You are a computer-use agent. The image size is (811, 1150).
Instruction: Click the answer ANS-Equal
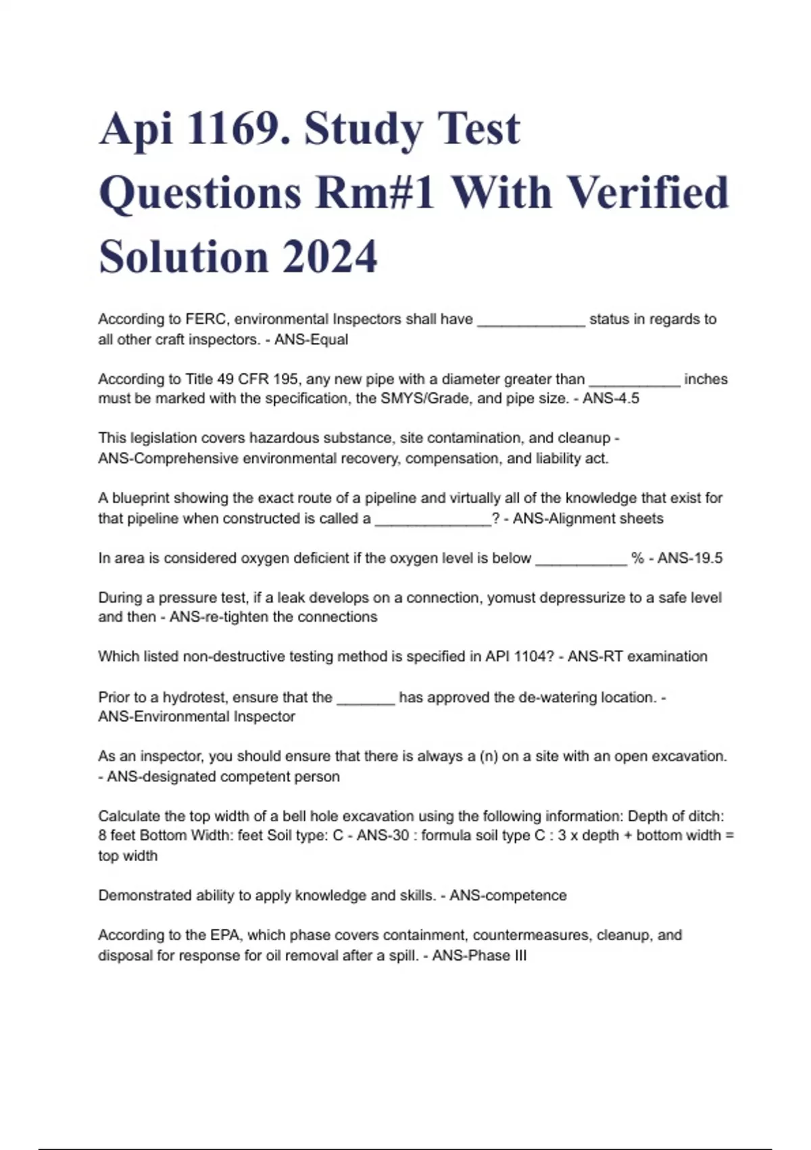(x=311, y=340)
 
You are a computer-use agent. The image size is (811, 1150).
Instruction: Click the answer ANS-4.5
(x=610, y=398)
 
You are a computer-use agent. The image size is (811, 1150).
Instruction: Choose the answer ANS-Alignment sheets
(x=588, y=519)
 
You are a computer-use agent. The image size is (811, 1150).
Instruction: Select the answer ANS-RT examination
(x=637, y=657)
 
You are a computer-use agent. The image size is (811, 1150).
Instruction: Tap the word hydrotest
(x=195, y=697)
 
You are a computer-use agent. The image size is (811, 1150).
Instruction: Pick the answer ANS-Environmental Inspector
(x=197, y=717)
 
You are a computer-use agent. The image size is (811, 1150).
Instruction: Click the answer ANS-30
(x=383, y=835)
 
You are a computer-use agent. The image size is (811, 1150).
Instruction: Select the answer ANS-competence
(x=508, y=896)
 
